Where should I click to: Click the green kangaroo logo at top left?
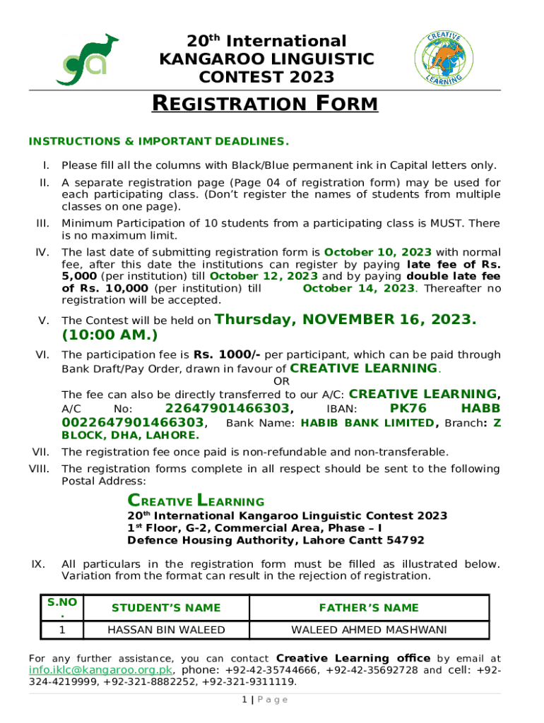click(x=87, y=59)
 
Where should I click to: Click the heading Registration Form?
click(x=266, y=104)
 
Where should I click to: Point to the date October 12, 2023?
click(x=264, y=276)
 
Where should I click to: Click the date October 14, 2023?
click(x=358, y=288)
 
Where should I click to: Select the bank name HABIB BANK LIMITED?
click(x=367, y=423)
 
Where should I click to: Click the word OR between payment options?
click(x=281, y=382)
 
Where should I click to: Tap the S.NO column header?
click(x=61, y=607)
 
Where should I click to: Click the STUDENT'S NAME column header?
click(x=166, y=608)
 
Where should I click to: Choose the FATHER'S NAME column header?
click(x=369, y=608)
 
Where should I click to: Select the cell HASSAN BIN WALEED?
click(x=166, y=630)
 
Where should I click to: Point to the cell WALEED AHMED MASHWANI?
click(x=369, y=630)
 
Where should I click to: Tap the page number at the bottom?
click(x=243, y=700)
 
